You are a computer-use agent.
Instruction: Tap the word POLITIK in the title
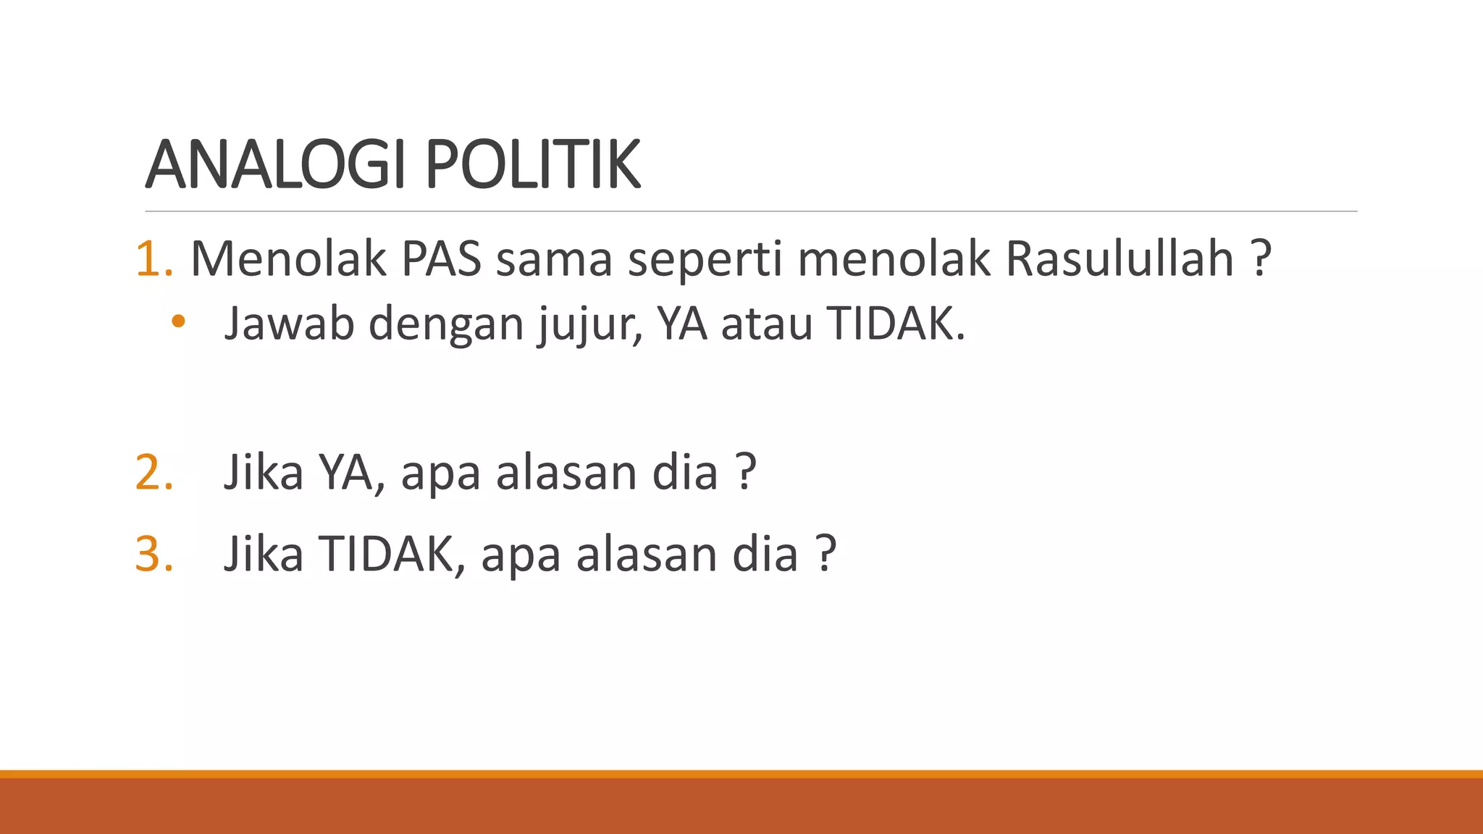tap(533, 165)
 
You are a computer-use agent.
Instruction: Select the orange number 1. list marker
tap(154, 258)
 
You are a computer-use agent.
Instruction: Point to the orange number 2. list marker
tap(154, 473)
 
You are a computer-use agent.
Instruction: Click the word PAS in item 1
tap(441, 258)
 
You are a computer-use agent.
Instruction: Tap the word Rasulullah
tap(1119, 258)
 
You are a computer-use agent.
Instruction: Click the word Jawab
tap(289, 324)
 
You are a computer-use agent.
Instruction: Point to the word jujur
tap(589, 325)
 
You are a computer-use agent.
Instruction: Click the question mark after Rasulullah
tap(1261, 258)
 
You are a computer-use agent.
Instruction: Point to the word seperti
tap(705, 260)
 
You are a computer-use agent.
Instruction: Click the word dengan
tap(446, 325)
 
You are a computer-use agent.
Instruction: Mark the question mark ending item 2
tap(746, 473)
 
